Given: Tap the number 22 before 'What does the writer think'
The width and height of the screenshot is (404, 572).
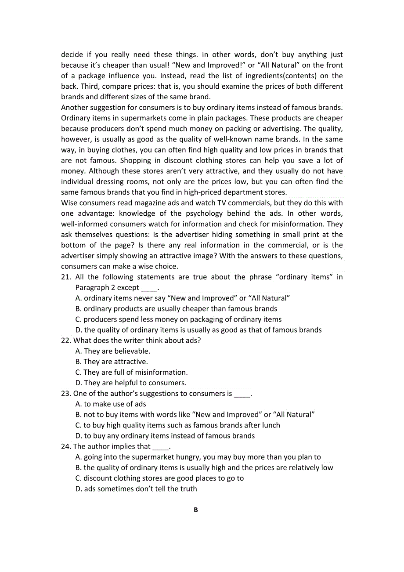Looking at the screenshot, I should (x=65, y=340).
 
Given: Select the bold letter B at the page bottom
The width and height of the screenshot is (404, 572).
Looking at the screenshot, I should (x=196, y=510).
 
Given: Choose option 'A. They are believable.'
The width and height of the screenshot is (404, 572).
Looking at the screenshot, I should (x=113, y=351).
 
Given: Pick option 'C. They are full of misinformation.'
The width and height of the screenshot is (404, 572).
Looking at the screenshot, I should (x=131, y=372).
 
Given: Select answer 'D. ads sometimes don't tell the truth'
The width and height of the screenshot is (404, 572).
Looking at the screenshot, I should (x=136, y=489).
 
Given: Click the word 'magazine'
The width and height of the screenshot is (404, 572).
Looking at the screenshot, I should (x=152, y=203).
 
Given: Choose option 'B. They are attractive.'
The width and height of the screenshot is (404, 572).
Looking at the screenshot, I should (x=112, y=362).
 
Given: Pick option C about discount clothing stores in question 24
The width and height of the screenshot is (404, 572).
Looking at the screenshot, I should (x=159, y=478).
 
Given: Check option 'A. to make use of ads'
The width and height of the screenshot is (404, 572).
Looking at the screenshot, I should (x=111, y=404).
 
